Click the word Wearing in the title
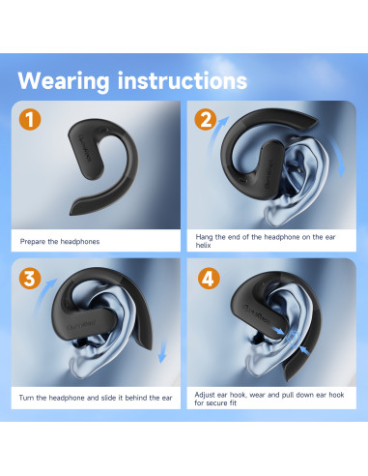point(64,82)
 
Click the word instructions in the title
point(183,80)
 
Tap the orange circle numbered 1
point(30,119)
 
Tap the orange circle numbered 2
point(206,119)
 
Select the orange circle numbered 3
point(30,278)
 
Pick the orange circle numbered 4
point(209,278)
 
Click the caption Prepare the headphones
point(60,242)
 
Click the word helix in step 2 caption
point(203,246)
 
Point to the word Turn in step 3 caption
point(26,398)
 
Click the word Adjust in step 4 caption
point(205,395)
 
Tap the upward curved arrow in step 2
point(215,136)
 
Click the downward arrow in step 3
point(163,351)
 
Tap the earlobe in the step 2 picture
point(273,216)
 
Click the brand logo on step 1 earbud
point(85,149)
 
